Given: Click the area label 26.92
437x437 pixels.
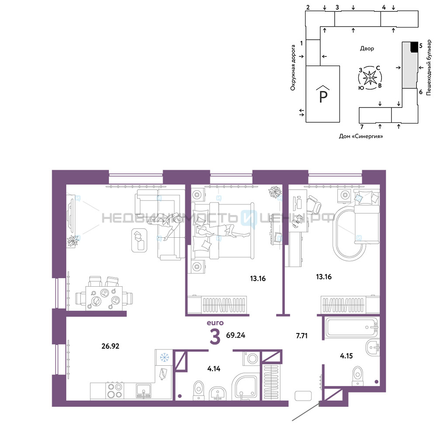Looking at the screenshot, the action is (x=111, y=346).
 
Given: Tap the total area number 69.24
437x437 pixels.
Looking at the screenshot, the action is (x=236, y=335).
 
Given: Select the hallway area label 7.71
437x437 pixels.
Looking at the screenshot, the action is (x=302, y=336).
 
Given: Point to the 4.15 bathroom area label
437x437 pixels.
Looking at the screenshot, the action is (x=347, y=356).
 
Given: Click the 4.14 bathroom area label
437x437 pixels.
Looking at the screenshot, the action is (x=214, y=369).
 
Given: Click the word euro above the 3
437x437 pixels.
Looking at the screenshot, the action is (x=215, y=323).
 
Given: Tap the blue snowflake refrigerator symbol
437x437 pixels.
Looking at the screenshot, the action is (x=164, y=357).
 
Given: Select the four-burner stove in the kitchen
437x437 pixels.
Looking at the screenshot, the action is (x=115, y=391).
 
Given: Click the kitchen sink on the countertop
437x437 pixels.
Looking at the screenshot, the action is (x=143, y=391).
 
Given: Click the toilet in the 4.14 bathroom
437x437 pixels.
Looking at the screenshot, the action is (x=199, y=390).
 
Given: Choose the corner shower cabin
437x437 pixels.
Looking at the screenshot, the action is (x=246, y=387).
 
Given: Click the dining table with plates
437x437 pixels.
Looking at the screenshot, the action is (x=104, y=298).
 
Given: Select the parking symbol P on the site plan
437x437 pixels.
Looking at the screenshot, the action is (x=323, y=94).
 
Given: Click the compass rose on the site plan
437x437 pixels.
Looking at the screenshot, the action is (x=370, y=78).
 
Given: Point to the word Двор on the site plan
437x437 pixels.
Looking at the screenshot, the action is (x=367, y=49).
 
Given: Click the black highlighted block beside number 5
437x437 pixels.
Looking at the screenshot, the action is (x=414, y=47).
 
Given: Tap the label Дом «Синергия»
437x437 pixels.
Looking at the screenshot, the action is (x=361, y=136).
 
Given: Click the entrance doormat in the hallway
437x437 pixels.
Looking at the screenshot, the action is (x=303, y=396).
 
